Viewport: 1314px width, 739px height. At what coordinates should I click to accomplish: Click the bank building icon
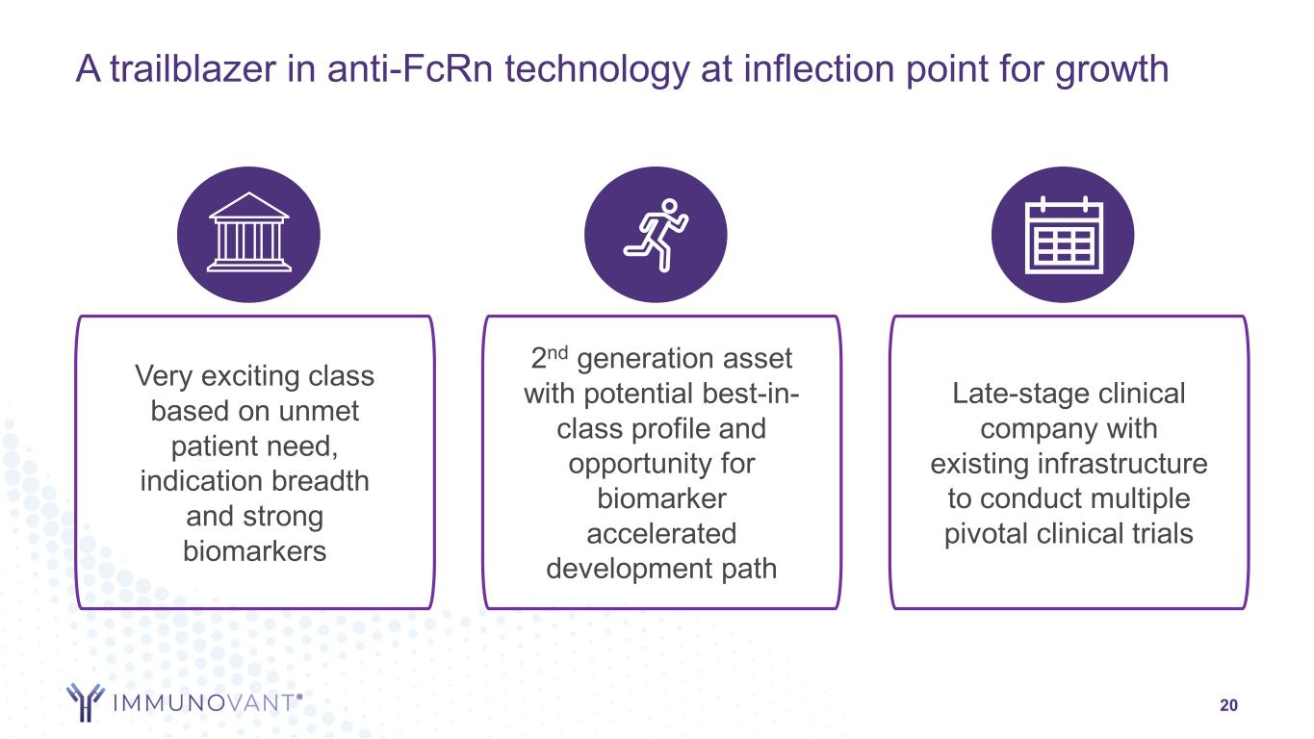[x=248, y=232]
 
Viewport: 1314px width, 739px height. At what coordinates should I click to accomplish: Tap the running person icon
[x=656, y=235]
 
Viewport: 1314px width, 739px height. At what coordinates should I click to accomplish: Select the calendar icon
[x=1064, y=235]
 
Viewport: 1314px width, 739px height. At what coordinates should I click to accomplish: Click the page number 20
[x=1228, y=705]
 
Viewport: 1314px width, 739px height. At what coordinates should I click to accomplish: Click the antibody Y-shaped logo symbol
[x=86, y=701]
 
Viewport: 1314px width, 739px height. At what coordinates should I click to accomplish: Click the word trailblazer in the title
[x=193, y=68]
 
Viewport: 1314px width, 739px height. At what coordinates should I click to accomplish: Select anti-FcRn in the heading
[x=409, y=68]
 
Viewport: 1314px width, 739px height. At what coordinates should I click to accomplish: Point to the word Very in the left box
[x=163, y=376]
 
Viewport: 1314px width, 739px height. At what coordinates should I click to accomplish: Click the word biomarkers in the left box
[x=254, y=551]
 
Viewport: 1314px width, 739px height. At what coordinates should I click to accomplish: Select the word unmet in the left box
[x=319, y=412]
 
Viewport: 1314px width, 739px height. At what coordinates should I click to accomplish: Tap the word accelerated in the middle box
[x=661, y=534]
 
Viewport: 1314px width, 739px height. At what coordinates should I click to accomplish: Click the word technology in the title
[x=597, y=70]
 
